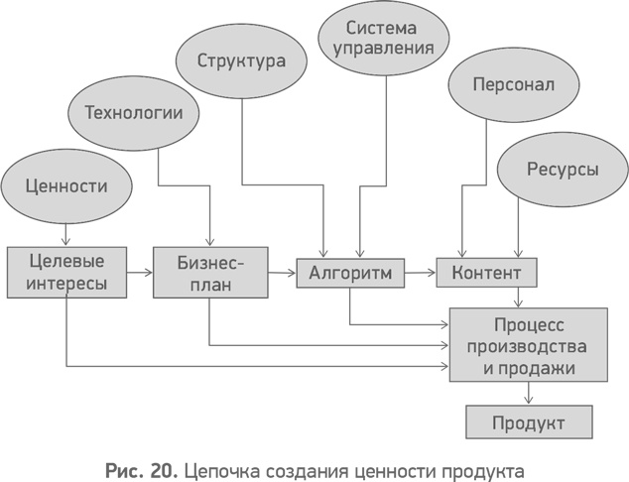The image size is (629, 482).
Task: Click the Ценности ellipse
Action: (x=66, y=185)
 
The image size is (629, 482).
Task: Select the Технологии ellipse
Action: (x=134, y=112)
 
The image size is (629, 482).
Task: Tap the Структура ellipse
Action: (x=241, y=60)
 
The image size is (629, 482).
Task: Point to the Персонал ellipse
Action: (x=514, y=85)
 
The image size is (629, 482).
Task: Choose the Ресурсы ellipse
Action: (x=561, y=170)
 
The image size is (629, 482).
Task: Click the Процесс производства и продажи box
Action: (x=528, y=346)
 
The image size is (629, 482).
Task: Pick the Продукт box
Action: (x=529, y=422)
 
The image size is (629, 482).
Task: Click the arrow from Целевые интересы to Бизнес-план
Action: (x=140, y=270)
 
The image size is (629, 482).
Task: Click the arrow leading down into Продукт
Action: (x=529, y=395)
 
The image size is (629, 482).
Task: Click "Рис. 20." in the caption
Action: (x=138, y=465)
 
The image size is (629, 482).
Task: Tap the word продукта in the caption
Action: (x=481, y=465)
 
